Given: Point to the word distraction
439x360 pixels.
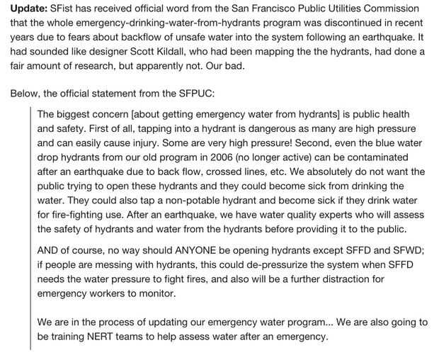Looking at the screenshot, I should coord(352,279).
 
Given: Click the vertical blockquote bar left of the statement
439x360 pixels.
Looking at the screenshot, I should coord(30,227).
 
